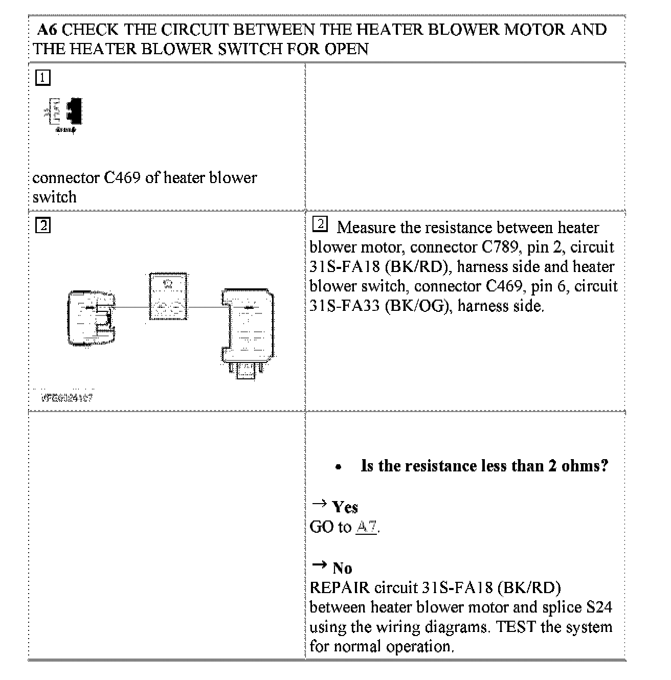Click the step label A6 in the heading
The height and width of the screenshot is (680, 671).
pos(49,30)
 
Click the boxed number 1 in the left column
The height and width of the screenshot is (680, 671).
pos(43,78)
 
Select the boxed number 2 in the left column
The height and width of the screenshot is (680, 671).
pos(43,225)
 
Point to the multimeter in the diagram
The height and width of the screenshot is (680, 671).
pos(168,297)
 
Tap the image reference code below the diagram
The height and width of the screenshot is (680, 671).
pos(67,397)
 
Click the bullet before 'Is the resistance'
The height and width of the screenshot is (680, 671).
pos(338,467)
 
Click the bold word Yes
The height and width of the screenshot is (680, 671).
pos(345,507)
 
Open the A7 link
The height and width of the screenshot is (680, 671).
pos(366,527)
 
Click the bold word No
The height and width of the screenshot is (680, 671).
pos(342,568)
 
